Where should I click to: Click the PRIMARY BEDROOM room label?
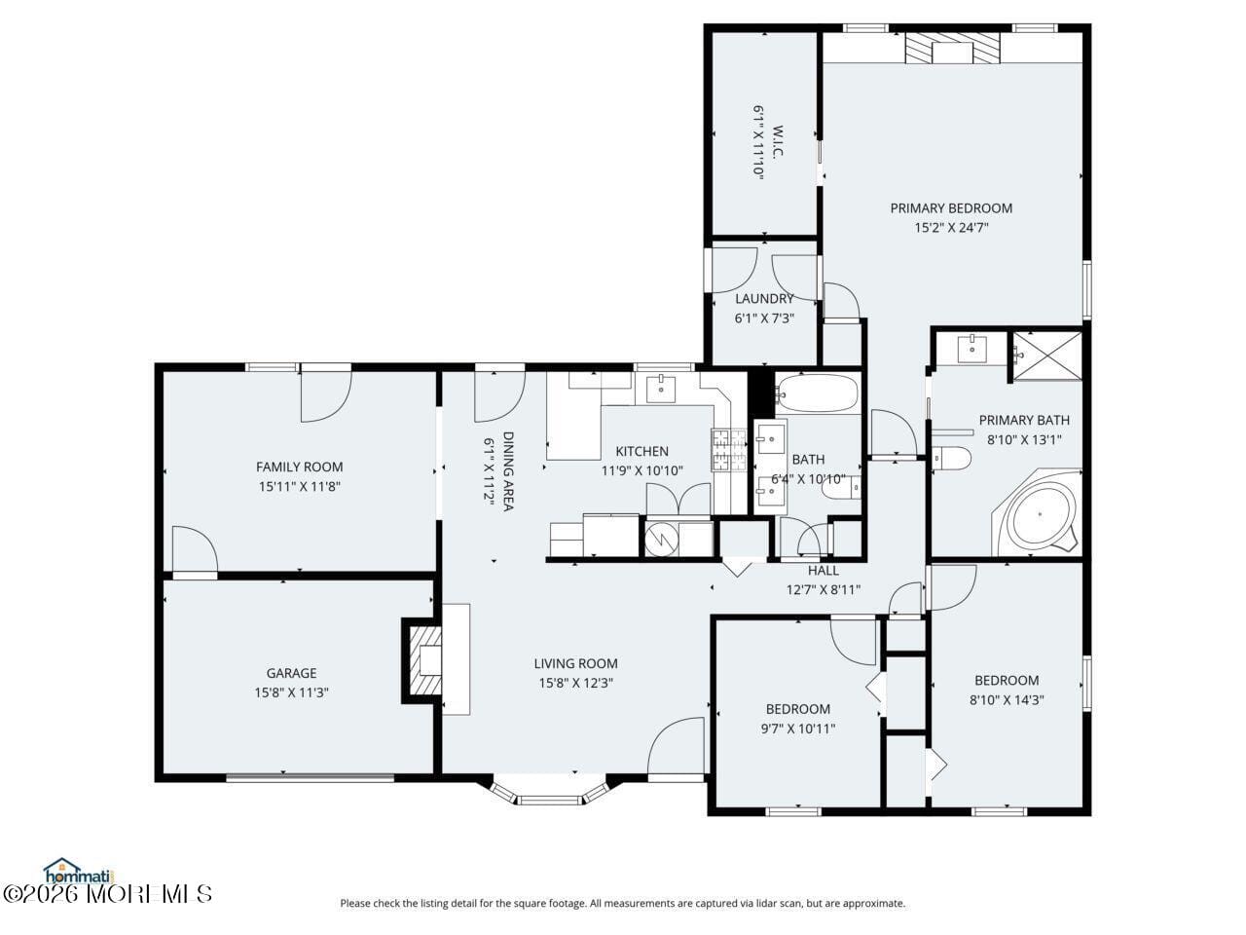click(x=951, y=207)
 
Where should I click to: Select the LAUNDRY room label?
click(x=764, y=298)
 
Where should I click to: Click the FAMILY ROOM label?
click(x=299, y=467)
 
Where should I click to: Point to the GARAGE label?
click(x=291, y=673)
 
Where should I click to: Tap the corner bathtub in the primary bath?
click(x=1040, y=513)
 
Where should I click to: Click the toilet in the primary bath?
click(x=952, y=458)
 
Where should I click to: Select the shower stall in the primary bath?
click(x=1046, y=355)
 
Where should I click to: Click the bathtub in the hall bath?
click(x=817, y=394)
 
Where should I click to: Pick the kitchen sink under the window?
click(x=662, y=388)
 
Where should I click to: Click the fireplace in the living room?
click(x=425, y=660)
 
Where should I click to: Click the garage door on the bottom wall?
click(x=310, y=777)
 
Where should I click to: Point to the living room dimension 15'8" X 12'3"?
click(x=575, y=683)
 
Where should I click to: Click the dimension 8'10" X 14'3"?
click(x=1007, y=699)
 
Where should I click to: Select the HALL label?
click(x=823, y=571)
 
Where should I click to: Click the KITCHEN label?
click(x=641, y=451)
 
